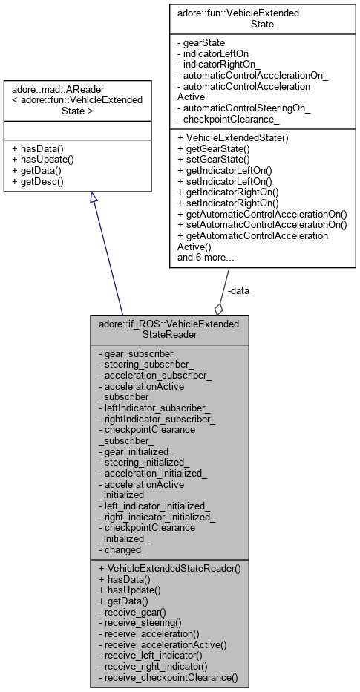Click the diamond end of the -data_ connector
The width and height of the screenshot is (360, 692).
click(x=218, y=307)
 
